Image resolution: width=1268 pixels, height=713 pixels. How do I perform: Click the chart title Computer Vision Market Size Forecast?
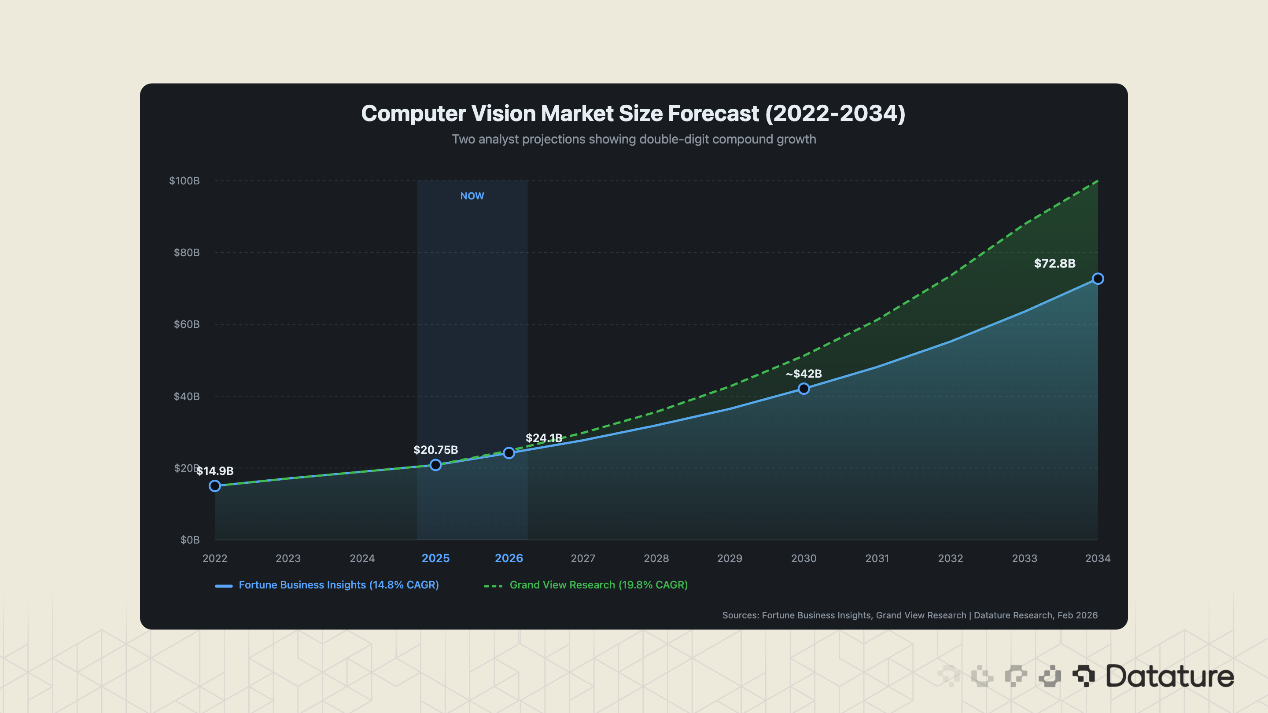pyautogui.click(x=634, y=113)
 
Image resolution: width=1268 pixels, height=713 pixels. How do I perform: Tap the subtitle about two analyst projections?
pyautogui.click(x=634, y=139)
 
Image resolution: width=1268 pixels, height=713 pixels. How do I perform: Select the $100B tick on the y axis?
pyautogui.click(x=184, y=180)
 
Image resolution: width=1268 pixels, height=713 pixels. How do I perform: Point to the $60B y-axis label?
pyautogui.click(x=186, y=324)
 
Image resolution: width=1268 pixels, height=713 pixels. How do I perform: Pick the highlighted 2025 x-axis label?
pyautogui.click(x=435, y=558)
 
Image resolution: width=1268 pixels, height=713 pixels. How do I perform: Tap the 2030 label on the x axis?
pyautogui.click(x=804, y=558)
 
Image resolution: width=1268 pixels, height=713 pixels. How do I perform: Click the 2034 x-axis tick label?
pyautogui.click(x=1097, y=558)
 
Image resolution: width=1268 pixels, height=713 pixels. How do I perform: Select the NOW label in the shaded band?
pyautogui.click(x=472, y=196)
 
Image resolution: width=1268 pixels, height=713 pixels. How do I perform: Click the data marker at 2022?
pyautogui.click(x=214, y=486)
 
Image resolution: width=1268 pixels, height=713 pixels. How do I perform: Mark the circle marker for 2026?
pyautogui.click(x=509, y=453)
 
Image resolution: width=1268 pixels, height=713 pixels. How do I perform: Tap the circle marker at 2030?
pyautogui.click(x=804, y=389)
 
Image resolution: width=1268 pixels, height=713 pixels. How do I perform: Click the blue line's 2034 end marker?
pyautogui.click(x=1098, y=279)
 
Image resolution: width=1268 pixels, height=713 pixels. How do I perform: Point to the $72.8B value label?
pyautogui.click(x=1054, y=263)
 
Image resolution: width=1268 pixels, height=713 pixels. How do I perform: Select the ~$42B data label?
pyautogui.click(x=804, y=374)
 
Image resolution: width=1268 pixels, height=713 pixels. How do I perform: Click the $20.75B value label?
pyautogui.click(x=435, y=450)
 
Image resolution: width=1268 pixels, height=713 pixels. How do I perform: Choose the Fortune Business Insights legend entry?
pyautogui.click(x=338, y=584)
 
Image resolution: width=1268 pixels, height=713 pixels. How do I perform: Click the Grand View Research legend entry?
pyautogui.click(x=598, y=584)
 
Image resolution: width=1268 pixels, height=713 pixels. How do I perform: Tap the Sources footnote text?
pyautogui.click(x=909, y=615)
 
